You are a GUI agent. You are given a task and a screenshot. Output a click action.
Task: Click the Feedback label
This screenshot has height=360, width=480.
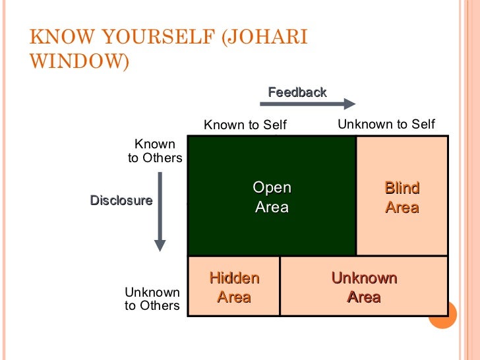pos(297,92)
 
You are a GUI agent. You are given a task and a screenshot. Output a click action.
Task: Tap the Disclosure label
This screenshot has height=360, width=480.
pos(121,200)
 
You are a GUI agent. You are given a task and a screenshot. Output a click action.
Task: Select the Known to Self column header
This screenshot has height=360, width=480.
pos(245,125)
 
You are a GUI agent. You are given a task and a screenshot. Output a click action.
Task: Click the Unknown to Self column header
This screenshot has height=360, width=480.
pos(386,124)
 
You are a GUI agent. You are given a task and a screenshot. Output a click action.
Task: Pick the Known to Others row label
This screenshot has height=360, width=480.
pos(155,151)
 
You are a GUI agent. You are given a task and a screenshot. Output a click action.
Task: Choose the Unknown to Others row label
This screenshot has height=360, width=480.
pos(152,299)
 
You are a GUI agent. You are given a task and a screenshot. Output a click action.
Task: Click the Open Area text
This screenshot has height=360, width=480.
pos(272,198)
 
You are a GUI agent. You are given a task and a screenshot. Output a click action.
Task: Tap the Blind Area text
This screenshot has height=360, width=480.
pos(402,198)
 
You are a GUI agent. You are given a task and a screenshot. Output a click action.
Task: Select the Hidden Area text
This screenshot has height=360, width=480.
pos(234,287)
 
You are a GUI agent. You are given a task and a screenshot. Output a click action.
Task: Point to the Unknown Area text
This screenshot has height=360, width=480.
pos(364,287)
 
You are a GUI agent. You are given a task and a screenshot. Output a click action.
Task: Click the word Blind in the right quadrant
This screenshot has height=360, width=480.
pos(402,189)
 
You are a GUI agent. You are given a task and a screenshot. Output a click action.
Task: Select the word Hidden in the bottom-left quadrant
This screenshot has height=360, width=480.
pos(234,278)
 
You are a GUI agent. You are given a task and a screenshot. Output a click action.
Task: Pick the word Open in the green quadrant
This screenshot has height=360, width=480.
pos(272,189)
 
